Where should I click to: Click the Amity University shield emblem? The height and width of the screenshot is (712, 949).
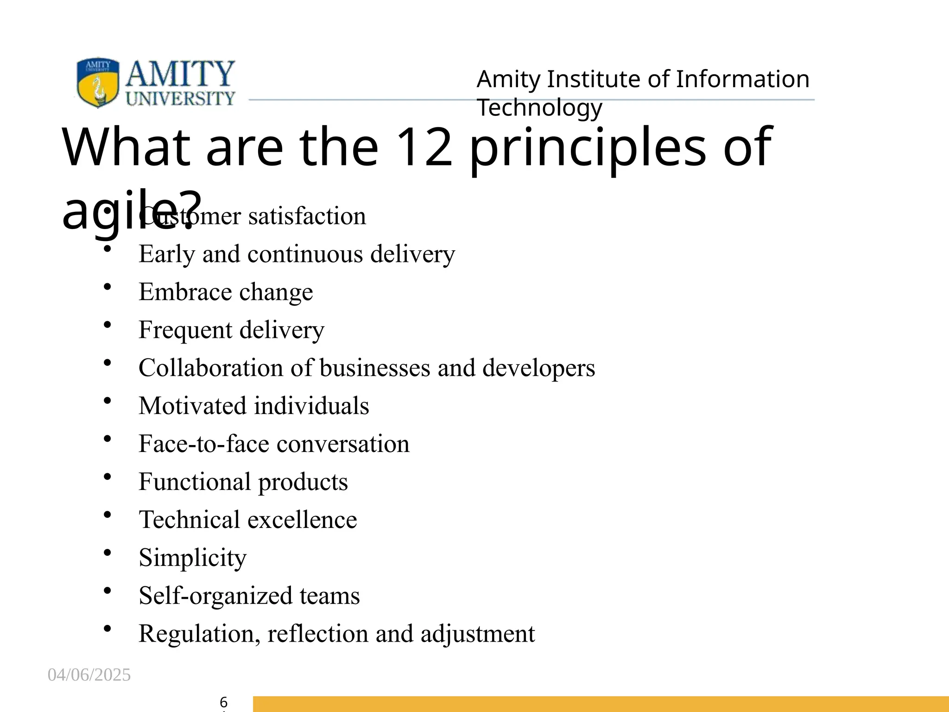coord(98,83)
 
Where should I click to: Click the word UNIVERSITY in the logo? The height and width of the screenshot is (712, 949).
coord(180,98)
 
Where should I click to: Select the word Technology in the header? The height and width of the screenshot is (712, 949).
coord(539,108)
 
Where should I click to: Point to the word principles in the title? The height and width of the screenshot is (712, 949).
coord(587,148)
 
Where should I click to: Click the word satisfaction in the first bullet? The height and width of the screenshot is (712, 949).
coord(307,216)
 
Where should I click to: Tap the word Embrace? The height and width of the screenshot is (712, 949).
coord(185,292)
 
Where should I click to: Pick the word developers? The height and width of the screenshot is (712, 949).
coord(538,368)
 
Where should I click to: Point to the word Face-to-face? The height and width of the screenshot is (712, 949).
coord(204,444)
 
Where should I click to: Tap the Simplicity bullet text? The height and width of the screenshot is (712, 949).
coord(192,558)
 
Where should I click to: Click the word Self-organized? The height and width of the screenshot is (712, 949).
coord(215,596)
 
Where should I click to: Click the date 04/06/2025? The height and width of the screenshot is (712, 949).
coord(89,675)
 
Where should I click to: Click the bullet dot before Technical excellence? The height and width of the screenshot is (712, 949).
coord(108,514)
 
